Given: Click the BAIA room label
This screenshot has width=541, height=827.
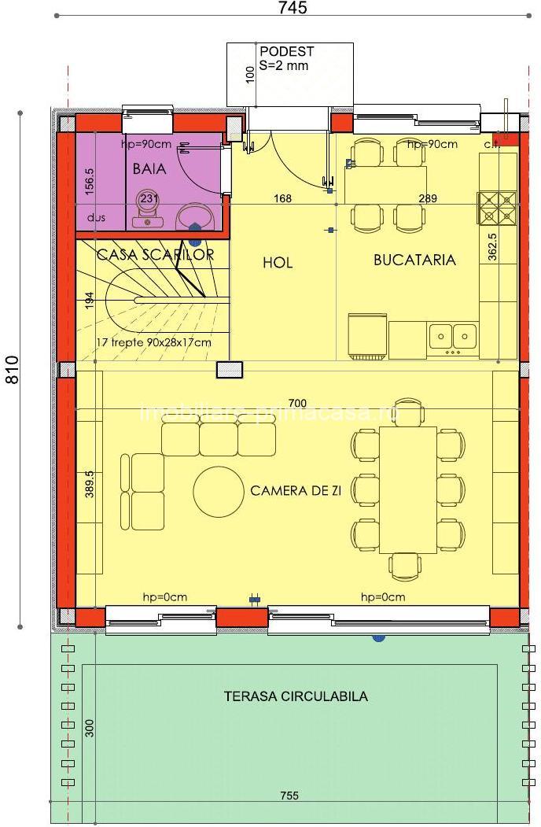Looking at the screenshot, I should (149, 168).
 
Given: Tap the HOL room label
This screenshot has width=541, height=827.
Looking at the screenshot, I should (278, 263).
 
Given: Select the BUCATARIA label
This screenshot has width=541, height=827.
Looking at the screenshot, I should (414, 260).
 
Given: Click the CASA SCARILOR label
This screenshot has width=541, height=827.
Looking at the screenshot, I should (155, 255).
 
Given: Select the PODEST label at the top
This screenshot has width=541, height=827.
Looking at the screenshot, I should (286, 52).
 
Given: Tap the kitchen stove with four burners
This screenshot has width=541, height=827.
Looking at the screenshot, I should (498, 208).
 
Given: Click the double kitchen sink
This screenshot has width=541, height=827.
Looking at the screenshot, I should (454, 336).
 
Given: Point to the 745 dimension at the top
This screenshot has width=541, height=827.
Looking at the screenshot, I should (293, 8).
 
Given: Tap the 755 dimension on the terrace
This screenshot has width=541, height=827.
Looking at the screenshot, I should (289, 796).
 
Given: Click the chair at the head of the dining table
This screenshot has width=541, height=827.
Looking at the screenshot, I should (407, 411).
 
